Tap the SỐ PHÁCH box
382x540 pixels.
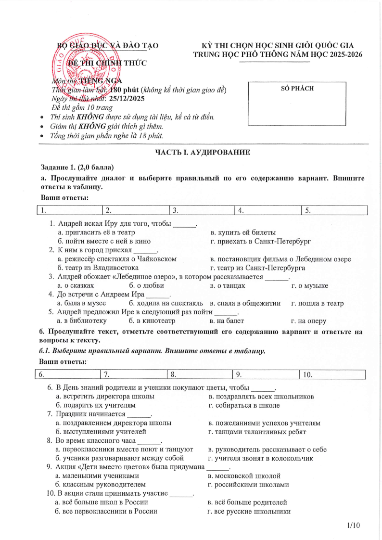point(296,103)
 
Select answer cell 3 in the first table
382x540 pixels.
point(202,210)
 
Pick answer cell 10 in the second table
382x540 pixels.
point(332,374)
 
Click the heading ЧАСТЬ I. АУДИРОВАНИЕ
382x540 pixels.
point(202,153)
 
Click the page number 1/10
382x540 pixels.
point(353,525)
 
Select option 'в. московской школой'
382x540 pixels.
point(244,476)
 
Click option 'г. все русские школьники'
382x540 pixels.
point(249,511)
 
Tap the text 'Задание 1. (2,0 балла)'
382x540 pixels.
point(77,167)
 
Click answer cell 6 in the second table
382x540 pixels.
point(67,374)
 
